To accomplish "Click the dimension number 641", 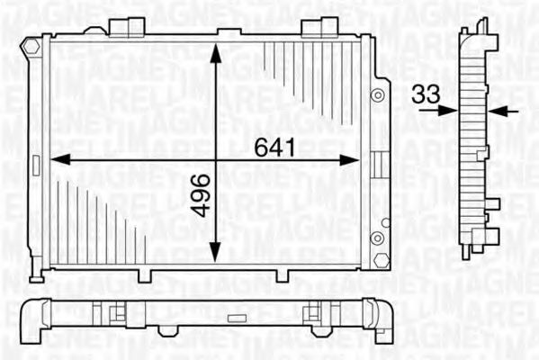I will point(275,147).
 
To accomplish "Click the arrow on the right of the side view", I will point(505,111).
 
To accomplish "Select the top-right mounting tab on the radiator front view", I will point(313,27).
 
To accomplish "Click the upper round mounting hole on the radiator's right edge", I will point(380,94).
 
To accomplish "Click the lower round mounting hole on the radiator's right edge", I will point(378,238).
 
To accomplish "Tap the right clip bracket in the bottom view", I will point(314,314).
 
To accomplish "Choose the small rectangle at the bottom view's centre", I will point(236,318).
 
